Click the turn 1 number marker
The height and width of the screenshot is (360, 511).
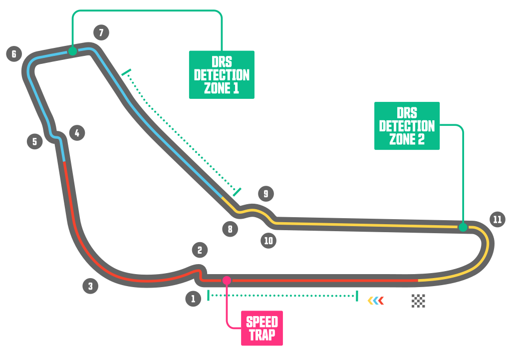pyautogui.click(x=193, y=299)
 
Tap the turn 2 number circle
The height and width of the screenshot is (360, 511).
pyautogui.click(x=200, y=250)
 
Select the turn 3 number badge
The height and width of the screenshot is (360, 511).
pyautogui.click(x=90, y=286)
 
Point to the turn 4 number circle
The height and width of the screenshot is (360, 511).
pyautogui.click(x=77, y=133)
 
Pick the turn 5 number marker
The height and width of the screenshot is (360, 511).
pyautogui.click(x=34, y=141)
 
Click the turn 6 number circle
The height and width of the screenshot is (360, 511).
pyautogui.click(x=14, y=53)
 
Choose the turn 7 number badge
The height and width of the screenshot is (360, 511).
pyautogui.click(x=101, y=33)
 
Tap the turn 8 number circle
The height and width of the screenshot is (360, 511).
pyautogui.click(x=230, y=229)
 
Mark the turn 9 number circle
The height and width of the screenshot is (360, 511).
pyautogui.click(x=266, y=193)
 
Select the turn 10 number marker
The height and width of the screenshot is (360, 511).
pyautogui.click(x=268, y=241)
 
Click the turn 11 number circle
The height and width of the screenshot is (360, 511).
pyautogui.click(x=497, y=219)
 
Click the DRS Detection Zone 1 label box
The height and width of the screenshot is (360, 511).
pyautogui.click(x=222, y=74)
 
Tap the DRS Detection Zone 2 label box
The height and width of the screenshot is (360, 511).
pyautogui.click(x=407, y=126)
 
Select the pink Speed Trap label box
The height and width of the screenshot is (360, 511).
pyautogui.click(x=262, y=328)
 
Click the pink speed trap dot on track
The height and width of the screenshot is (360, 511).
pyautogui.click(x=227, y=280)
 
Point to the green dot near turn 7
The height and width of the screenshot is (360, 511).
pyautogui.click(x=72, y=51)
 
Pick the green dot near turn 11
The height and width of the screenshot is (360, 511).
pyautogui.click(x=463, y=227)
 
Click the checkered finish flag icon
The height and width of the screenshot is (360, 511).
pyautogui.click(x=418, y=301)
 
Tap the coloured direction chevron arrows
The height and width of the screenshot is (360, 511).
pyautogui.click(x=376, y=301)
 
